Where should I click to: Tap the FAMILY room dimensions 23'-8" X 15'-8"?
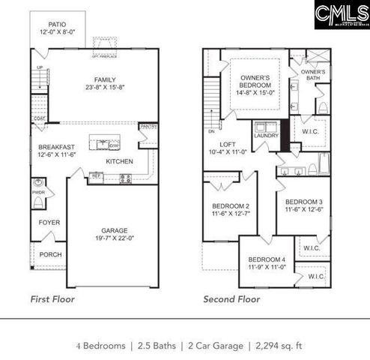100,87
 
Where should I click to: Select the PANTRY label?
148,127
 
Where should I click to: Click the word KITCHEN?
120,161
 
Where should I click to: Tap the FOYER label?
49,222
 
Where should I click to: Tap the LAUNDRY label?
267,136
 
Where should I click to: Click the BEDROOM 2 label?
230,205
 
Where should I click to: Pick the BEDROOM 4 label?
267,259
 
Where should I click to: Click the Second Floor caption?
231,298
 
